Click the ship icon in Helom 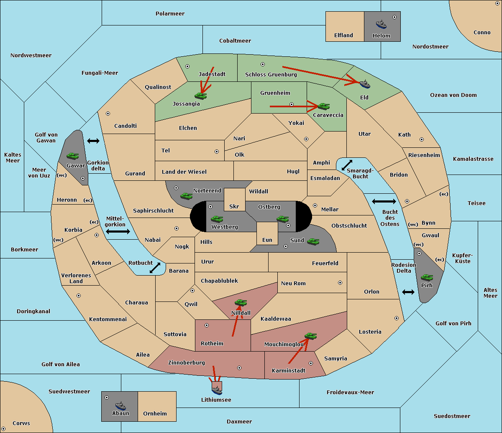click(x=381, y=24)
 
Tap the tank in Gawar click(x=73, y=156)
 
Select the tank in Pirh click(x=427, y=277)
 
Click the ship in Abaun click(x=121, y=405)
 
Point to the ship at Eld click(x=365, y=84)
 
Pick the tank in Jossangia click(x=201, y=96)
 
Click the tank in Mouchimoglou click(x=311, y=336)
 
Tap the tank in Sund click(x=313, y=241)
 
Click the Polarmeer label click(x=170, y=14)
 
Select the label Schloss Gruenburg click(x=271, y=74)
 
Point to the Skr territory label click(x=234, y=206)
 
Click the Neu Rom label click(x=293, y=283)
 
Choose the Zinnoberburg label click(x=187, y=363)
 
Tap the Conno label click(x=482, y=33)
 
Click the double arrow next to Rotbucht click(x=155, y=268)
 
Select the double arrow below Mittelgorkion click(x=118, y=231)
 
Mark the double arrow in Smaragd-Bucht click(x=347, y=165)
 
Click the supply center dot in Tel click(x=217, y=152)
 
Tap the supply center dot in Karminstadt click(x=311, y=363)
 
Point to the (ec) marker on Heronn click(x=88, y=200)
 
